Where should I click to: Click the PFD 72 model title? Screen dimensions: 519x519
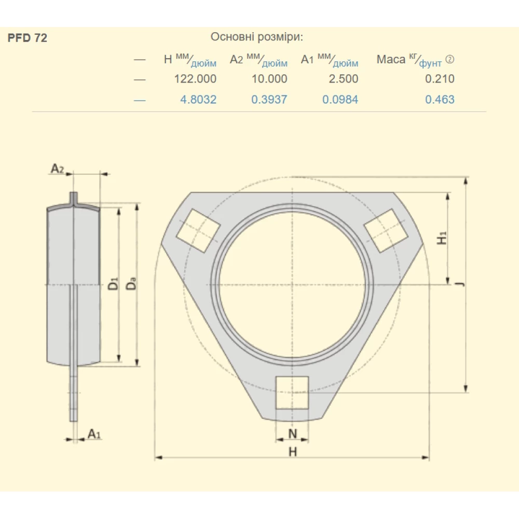pyautogui.click(x=27, y=38)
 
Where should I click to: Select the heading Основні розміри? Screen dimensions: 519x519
pyautogui.click(x=257, y=37)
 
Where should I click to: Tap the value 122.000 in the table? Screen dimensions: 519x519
pyautogui.click(x=195, y=79)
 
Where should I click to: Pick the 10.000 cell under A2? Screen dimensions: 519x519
pyautogui.click(x=269, y=79)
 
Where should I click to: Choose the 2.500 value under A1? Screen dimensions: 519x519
pyautogui.click(x=344, y=79)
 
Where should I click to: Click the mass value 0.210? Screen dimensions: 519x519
pyautogui.click(x=440, y=79)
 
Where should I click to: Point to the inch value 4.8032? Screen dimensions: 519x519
pyautogui.click(x=198, y=99)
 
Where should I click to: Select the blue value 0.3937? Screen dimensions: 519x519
pyautogui.click(x=269, y=99)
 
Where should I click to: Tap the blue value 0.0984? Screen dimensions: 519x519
pyautogui.click(x=340, y=99)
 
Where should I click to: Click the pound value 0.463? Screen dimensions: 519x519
pyautogui.click(x=440, y=99)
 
